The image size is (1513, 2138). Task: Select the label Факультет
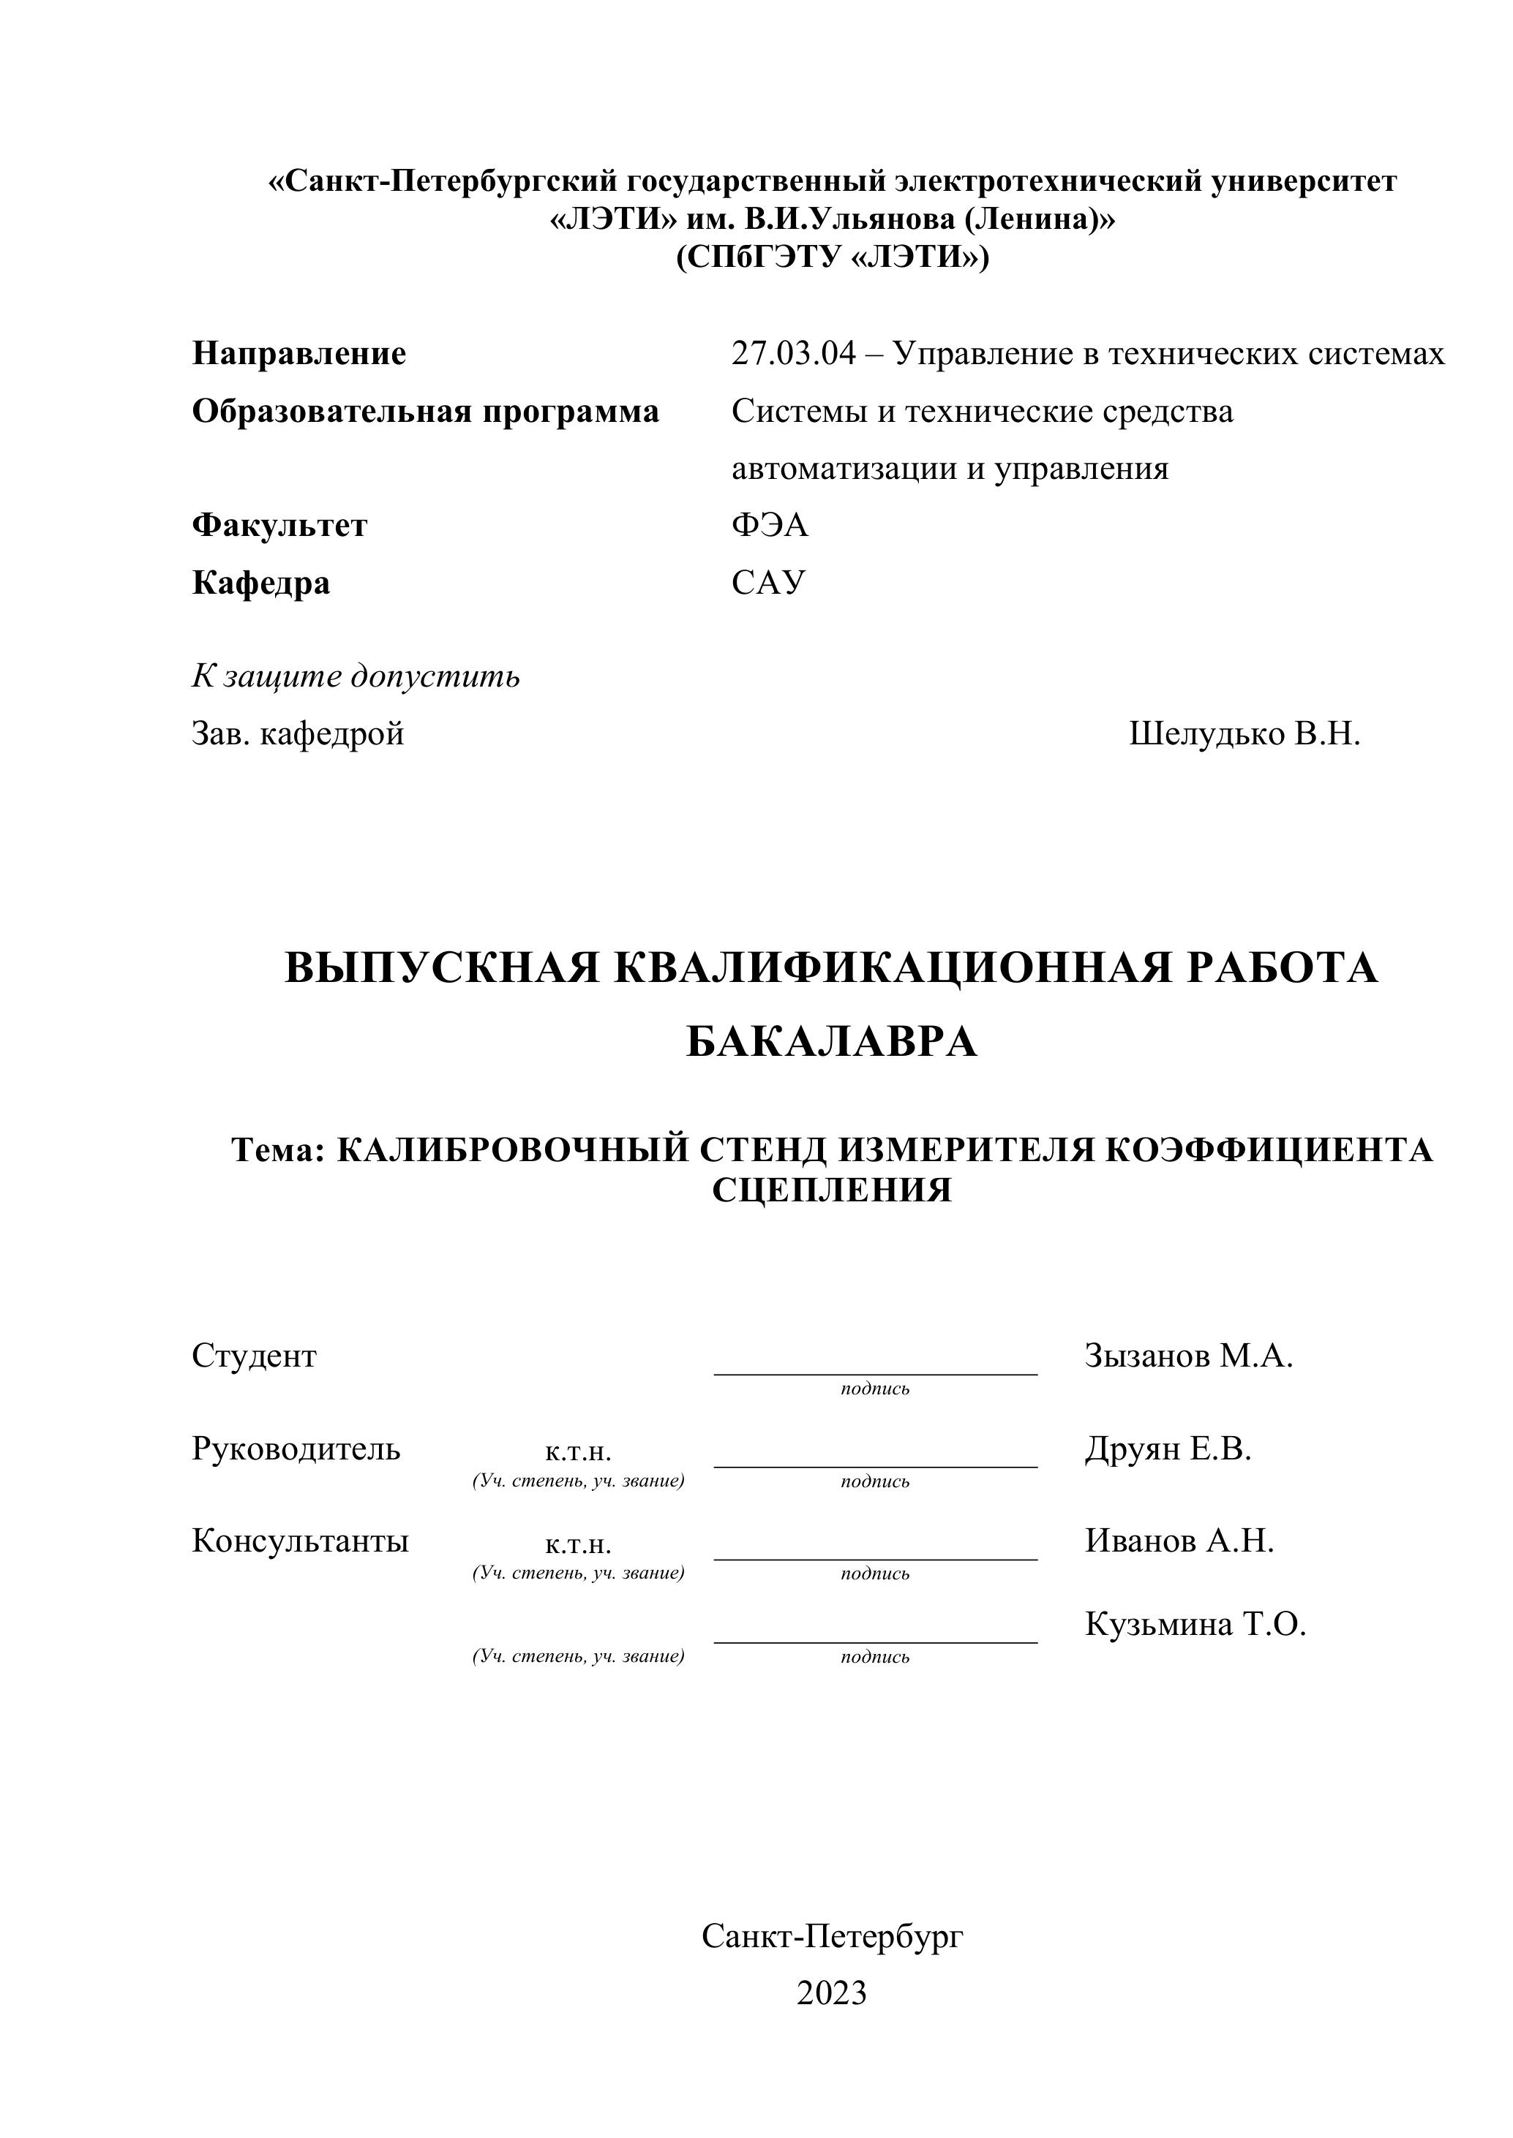[x=279, y=526]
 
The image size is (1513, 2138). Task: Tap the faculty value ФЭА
[x=770, y=526]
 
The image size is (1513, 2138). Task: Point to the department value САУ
[x=767, y=583]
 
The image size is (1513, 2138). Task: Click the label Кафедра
[x=261, y=583]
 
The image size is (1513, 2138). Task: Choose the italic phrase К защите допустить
[x=356, y=676]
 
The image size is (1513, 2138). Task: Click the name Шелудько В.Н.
[x=1244, y=734]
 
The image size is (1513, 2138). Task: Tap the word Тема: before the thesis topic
[x=277, y=1151]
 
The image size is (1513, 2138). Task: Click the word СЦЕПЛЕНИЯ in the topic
[x=832, y=1191]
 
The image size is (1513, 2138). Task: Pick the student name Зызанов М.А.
[x=1189, y=1357]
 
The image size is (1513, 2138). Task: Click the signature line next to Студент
[x=875, y=1372]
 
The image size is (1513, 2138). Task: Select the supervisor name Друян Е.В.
[x=1168, y=1449]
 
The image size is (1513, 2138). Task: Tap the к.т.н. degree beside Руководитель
[x=578, y=1451]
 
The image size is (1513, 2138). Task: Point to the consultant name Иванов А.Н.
[x=1179, y=1541]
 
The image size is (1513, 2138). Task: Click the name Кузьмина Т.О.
[x=1195, y=1625]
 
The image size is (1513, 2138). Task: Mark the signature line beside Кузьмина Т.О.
[x=875, y=1642]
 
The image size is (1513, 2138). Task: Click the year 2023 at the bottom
[x=832, y=1992]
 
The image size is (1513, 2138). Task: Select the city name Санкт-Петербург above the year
[x=832, y=1937]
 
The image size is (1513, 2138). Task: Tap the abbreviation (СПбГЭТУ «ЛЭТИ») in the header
[x=832, y=257]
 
